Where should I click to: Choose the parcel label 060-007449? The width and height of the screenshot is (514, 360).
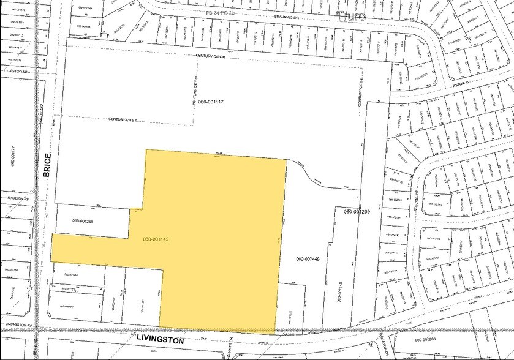pos(308,259)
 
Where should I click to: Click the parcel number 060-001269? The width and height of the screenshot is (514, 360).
pos(357,212)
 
